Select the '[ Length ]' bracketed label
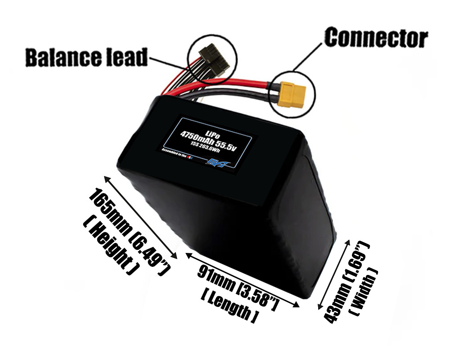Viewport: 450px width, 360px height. pyautogui.click(x=229, y=306)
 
